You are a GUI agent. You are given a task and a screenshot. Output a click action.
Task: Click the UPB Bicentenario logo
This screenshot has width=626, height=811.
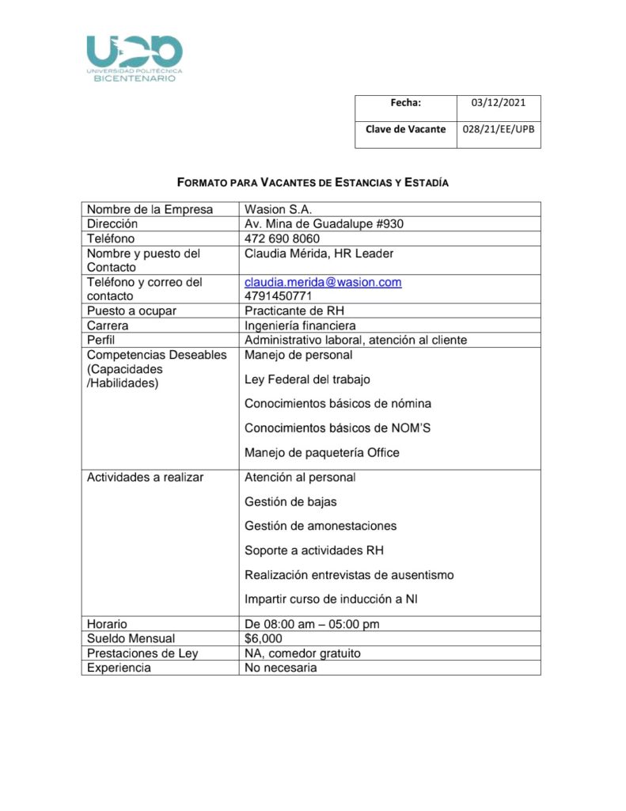click(x=135, y=58)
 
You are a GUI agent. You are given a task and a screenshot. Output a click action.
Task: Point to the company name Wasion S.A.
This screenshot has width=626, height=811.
click(x=278, y=209)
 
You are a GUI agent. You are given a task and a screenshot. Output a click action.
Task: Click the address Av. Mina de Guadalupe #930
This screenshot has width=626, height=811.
click(x=324, y=224)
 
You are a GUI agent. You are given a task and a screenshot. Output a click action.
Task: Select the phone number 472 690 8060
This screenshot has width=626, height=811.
click(x=282, y=238)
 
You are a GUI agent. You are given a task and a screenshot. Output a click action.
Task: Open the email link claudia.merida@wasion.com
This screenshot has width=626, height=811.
click(x=323, y=282)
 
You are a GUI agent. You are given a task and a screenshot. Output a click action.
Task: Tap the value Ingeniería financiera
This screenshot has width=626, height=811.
click(x=300, y=326)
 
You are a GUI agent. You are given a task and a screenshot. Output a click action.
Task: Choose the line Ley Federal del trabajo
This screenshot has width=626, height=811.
click(x=307, y=379)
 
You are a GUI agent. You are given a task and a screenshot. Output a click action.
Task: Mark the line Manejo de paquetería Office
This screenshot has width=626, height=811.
click(x=321, y=453)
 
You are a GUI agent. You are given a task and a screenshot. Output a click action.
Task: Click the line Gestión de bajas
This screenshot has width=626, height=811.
click(x=290, y=501)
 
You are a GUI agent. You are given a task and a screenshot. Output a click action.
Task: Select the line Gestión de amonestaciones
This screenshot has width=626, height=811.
click(x=321, y=526)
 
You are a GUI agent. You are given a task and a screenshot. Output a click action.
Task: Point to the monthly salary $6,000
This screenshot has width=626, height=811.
click(x=263, y=638)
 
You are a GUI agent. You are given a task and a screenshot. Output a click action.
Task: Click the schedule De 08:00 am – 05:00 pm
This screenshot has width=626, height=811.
click(x=312, y=624)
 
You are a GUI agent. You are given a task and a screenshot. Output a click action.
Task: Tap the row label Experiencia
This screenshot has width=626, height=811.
click(x=119, y=668)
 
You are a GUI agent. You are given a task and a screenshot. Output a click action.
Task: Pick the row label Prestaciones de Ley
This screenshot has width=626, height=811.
click(x=142, y=653)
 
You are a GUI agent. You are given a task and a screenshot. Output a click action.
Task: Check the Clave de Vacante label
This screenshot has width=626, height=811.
click(x=405, y=129)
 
